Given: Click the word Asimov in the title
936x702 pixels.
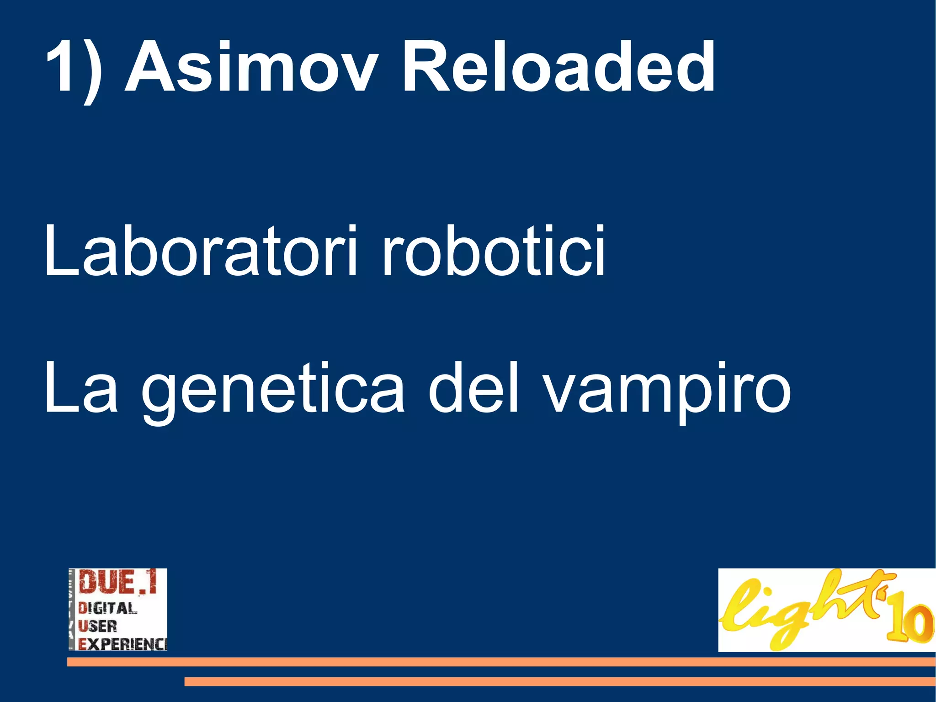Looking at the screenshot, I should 251,67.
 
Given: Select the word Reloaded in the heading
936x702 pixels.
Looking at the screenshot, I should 558,67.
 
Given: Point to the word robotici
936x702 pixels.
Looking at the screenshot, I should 494,251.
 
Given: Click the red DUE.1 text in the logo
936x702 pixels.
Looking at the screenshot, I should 118,583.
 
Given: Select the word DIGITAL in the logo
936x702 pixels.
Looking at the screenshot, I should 108,608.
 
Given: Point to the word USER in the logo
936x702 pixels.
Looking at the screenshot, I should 97,625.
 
